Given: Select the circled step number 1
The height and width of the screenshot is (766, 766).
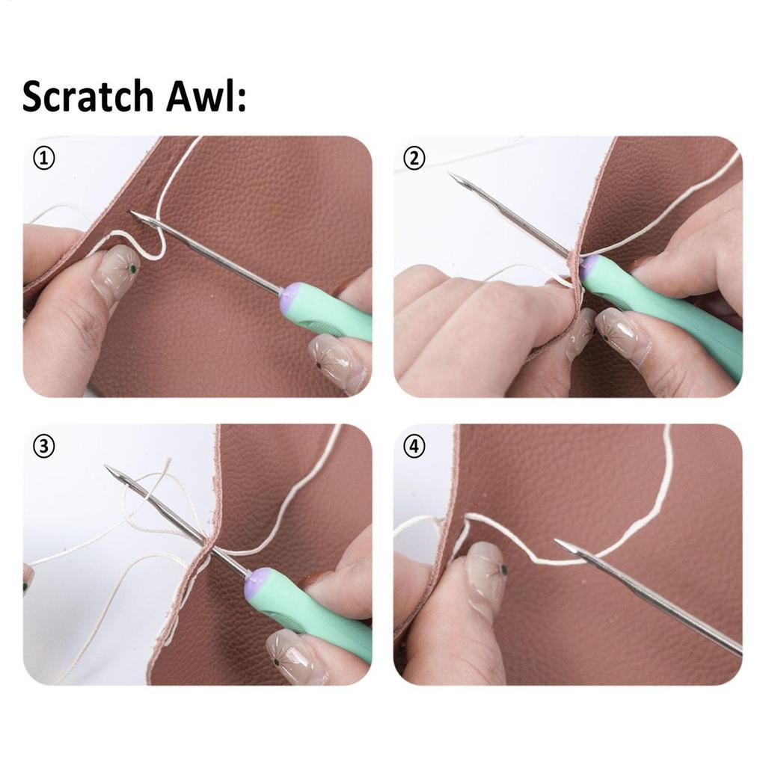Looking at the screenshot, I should tap(45, 159).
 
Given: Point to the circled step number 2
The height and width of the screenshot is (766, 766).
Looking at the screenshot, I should tap(414, 159).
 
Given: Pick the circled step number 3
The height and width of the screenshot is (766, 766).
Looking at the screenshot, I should tap(45, 447).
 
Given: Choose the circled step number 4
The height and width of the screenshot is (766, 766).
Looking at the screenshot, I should tap(414, 447).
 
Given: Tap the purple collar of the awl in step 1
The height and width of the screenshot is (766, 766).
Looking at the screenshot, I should tap(291, 296).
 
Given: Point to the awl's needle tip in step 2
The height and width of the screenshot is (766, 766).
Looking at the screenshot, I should tap(452, 176).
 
